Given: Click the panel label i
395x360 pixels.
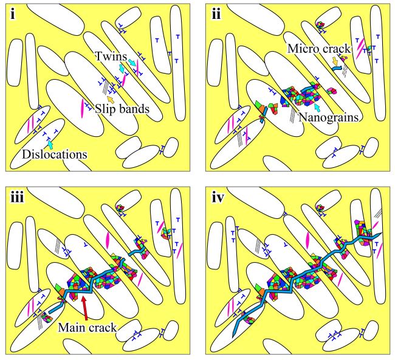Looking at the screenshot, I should tap(12, 13).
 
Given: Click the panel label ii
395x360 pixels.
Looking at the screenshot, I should tap(216, 13).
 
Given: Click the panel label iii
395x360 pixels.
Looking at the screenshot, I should tap(17, 197).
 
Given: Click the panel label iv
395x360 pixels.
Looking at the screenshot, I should tap(219, 197).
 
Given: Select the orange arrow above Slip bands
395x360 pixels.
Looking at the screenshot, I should tap(110, 97).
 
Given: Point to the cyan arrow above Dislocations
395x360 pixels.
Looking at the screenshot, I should tap(51, 145).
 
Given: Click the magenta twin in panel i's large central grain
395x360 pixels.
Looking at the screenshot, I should tap(83, 106).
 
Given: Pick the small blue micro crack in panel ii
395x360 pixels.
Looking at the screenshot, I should tap(337, 71).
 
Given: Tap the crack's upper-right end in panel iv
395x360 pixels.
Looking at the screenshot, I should tap(379, 234).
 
